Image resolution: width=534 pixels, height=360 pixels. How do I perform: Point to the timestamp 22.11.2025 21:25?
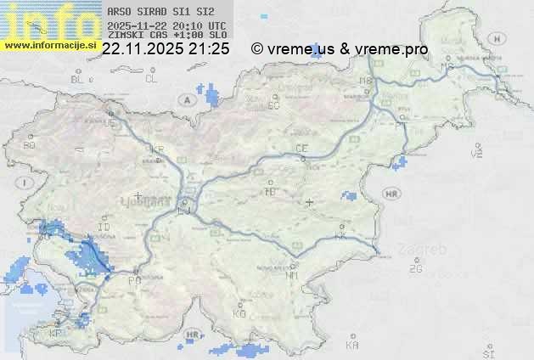pos(166,49)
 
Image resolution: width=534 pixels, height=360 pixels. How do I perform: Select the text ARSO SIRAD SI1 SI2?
pos(155,12)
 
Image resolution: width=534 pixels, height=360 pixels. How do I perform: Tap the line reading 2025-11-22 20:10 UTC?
pos(166,25)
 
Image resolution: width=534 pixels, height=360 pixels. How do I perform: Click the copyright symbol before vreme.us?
pos(257,49)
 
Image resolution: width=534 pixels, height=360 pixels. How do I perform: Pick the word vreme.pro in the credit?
pos(396,49)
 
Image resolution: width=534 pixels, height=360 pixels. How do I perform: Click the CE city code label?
pos(301,149)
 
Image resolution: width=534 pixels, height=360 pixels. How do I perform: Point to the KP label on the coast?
pos(55,334)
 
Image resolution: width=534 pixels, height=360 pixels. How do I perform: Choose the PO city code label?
pos(132,279)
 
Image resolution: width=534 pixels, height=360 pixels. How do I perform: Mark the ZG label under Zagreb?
pos(415,269)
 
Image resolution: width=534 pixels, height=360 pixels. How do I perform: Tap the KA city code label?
pos(352,346)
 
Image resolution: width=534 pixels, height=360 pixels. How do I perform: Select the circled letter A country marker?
pos(185,99)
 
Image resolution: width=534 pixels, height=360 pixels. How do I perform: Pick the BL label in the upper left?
pos(78,79)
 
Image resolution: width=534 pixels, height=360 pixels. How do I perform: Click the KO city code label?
pos(239,313)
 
